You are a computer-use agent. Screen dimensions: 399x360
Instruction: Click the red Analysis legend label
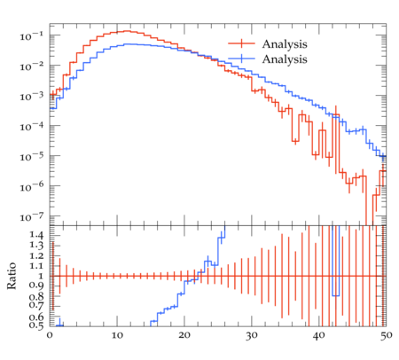285,44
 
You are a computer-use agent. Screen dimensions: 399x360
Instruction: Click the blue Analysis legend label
285,59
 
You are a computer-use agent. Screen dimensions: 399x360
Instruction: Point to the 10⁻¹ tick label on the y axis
32,35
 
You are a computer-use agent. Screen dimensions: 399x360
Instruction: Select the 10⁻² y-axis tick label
32,67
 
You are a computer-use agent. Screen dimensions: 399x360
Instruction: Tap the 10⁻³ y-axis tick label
32,96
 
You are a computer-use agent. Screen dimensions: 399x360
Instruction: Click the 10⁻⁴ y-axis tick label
32,127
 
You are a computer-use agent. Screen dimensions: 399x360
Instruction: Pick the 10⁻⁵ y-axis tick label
32,157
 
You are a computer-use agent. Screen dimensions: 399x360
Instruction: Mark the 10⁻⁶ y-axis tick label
32,187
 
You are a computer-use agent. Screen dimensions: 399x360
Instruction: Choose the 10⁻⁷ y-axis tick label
32,217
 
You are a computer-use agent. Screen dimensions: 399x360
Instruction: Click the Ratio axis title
12,276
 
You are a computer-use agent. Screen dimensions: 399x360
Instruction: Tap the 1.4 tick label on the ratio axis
36,236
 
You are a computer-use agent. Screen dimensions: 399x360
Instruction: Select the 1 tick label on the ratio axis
41,276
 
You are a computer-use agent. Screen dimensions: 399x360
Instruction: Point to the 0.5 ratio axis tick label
36,325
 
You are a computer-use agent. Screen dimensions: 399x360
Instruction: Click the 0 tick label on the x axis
50,335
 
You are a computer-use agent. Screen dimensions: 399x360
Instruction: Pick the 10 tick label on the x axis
117,335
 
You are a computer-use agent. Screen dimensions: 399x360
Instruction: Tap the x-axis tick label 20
184,335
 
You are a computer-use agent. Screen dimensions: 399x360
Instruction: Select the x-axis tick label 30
252,335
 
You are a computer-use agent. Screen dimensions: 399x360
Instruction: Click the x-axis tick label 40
319,335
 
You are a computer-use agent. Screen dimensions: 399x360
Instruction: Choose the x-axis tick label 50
386,335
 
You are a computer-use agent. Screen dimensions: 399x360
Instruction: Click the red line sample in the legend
241,43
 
